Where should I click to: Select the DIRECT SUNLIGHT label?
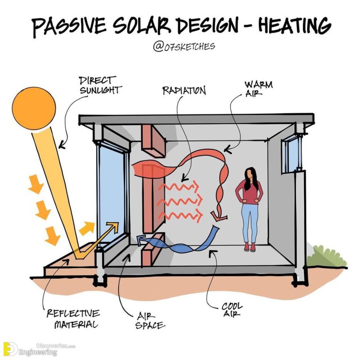tap(99, 85)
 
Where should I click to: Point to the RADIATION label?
tap(184, 90)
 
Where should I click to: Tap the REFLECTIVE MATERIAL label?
tap(73, 318)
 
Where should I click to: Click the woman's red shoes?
tap(250, 246)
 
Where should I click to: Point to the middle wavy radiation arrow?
tap(181, 202)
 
